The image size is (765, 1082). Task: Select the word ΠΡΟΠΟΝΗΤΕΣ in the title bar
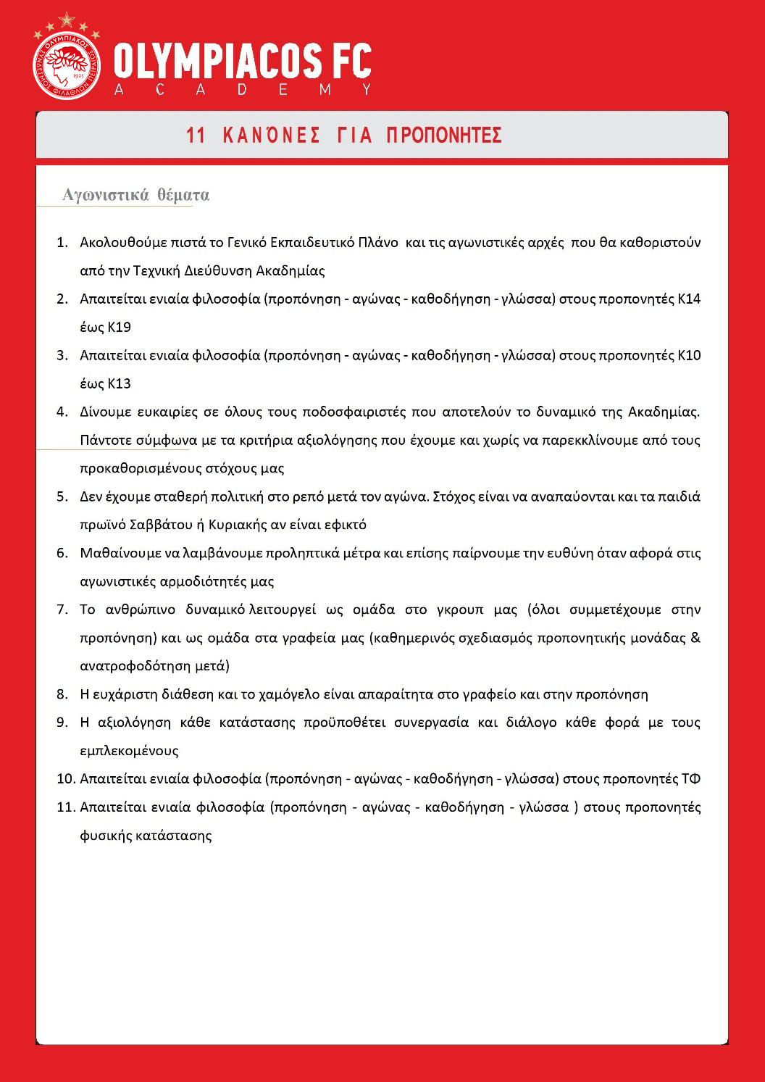click(444, 136)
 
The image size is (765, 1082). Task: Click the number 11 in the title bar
click(196, 136)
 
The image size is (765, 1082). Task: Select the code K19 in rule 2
click(119, 327)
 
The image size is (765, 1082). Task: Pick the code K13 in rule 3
click(119, 383)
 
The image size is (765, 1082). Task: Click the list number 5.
click(62, 496)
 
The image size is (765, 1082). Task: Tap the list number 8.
click(62, 694)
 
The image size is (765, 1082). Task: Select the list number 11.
click(65, 807)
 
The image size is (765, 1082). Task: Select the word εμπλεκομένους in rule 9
click(129, 751)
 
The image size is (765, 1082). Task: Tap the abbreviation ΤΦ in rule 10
click(690, 779)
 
